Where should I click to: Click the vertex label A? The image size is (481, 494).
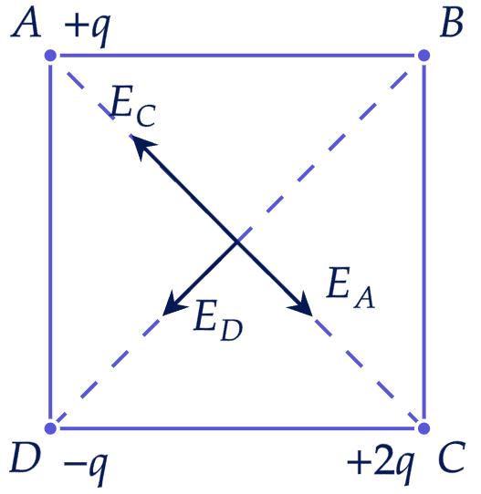(x=26, y=23)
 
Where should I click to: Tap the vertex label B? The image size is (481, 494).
(x=452, y=23)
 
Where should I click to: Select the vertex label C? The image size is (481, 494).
(x=452, y=458)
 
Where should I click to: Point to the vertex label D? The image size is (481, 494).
(x=26, y=458)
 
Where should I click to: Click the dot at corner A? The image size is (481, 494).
(x=50, y=56)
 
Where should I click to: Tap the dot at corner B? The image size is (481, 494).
(x=423, y=56)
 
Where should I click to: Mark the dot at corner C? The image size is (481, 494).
(x=423, y=428)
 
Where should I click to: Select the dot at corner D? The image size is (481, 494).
(x=50, y=428)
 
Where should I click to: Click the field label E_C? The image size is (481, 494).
(x=133, y=106)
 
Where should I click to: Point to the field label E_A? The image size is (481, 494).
(x=350, y=287)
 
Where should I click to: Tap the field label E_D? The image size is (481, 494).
(x=218, y=320)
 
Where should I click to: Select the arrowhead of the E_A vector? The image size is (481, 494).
(x=302, y=305)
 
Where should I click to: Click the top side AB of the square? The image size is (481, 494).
(x=237, y=56)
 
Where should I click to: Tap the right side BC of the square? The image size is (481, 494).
(x=423, y=242)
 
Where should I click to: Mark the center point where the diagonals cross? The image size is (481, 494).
(x=237, y=242)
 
